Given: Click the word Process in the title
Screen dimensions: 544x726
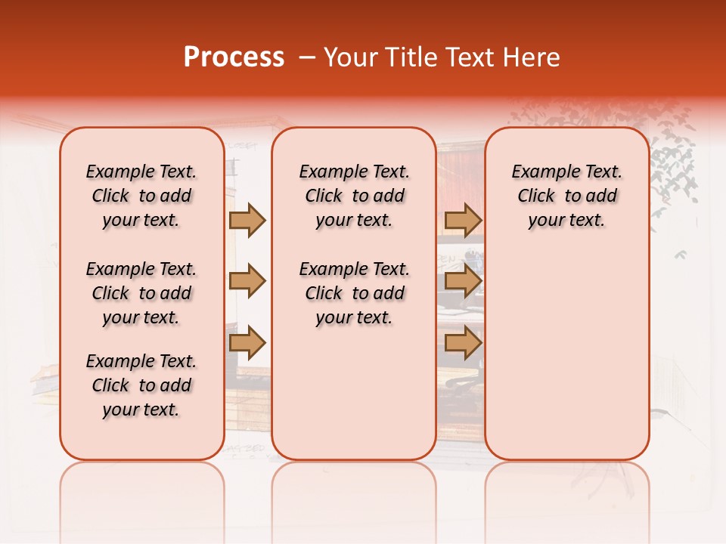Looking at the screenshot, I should point(234,57).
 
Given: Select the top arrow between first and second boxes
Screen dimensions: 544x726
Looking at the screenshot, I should point(247,221).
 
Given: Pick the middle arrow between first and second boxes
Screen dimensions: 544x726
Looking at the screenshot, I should point(247,281).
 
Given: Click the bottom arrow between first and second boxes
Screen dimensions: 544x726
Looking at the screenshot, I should point(247,342).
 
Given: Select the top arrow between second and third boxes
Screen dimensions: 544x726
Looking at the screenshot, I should point(463,221).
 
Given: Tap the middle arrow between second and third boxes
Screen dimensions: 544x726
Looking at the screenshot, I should point(463,281).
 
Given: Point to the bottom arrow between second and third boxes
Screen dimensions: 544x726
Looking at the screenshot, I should point(463,342).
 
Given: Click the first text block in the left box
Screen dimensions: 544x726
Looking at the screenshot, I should point(141,196).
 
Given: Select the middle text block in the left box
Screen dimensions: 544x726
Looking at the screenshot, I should point(141,293).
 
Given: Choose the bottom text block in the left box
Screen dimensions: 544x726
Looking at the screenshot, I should point(141,385).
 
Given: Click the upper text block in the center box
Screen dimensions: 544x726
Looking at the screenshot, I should point(355,196).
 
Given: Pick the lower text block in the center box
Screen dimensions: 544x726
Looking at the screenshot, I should point(355,293).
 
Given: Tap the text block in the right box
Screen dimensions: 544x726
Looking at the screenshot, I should point(567,196).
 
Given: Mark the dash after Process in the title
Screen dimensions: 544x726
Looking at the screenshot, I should point(307,57).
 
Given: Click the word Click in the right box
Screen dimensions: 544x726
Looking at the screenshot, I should point(536,196).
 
